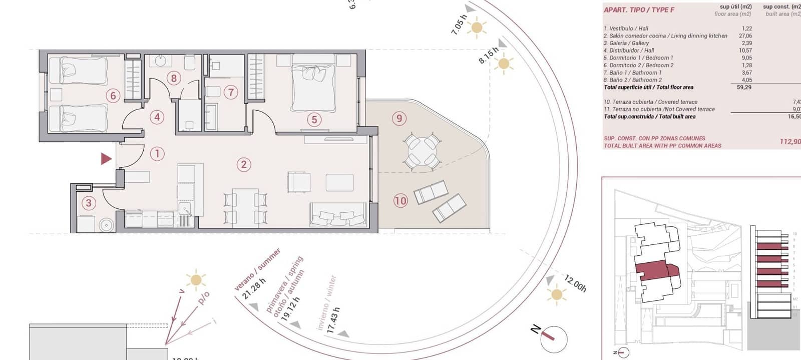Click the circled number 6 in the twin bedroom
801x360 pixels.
pos(113,96)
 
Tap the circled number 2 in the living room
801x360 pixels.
pos(244,164)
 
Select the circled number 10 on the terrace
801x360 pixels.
pos(400,201)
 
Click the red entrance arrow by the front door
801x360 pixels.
pos(106,159)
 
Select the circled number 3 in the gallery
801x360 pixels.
pos(89,203)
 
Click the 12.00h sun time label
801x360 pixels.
pos(575,283)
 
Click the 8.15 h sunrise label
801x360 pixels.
pos(488,55)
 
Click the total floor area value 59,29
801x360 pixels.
pos(744,87)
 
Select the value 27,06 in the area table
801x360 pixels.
pos(745,36)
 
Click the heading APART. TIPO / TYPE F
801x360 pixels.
pos(639,10)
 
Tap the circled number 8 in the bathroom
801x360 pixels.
pos(174,78)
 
